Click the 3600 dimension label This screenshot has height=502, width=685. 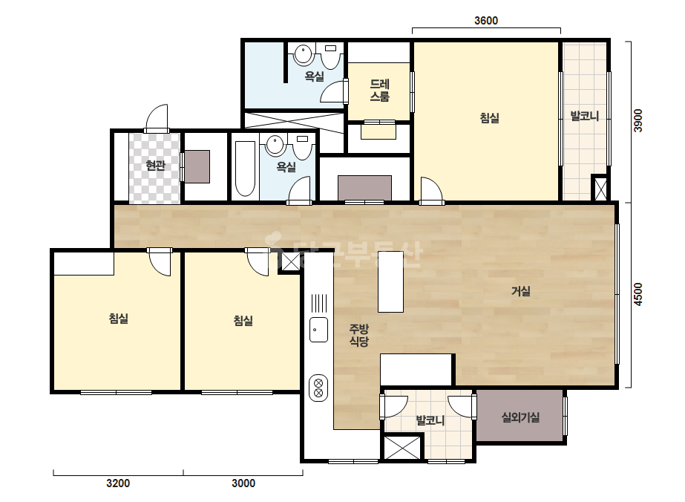pos(486,21)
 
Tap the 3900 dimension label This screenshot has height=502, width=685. pos(638,120)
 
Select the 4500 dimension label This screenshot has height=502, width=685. pos(638,294)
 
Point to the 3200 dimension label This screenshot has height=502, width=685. pos(118,483)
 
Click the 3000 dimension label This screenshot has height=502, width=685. pos(243,483)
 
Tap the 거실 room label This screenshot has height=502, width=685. pos(521,291)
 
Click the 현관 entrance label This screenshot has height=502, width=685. pos(156,166)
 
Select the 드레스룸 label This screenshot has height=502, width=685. pos(379,90)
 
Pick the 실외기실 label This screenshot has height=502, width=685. pos(520,417)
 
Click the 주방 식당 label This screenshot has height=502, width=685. pos(358,335)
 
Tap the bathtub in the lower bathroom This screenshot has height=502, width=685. pos(245,169)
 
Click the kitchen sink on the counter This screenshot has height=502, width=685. pos(318,330)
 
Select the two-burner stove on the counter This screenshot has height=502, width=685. pos(318,388)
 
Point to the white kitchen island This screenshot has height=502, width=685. pos(390,281)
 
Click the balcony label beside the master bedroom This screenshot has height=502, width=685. pos(584,116)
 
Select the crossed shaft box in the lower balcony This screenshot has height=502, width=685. pos(402,447)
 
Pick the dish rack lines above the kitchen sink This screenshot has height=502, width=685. pos(319,303)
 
